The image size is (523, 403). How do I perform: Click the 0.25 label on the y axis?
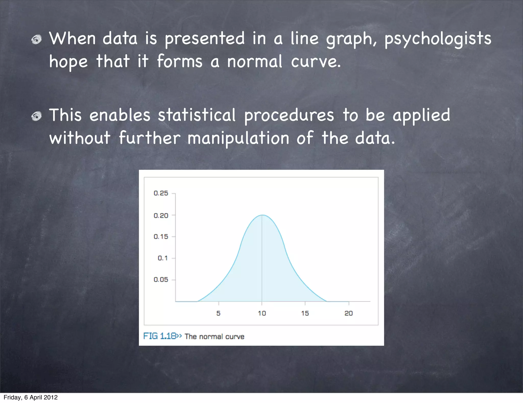pyautogui.click(x=161, y=193)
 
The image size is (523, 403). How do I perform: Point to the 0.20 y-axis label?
pyautogui.click(x=161, y=216)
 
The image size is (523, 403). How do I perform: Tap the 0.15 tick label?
pyautogui.click(x=161, y=237)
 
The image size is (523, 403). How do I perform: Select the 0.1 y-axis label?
pyautogui.click(x=163, y=258)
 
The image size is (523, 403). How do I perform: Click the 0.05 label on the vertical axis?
pyautogui.click(x=161, y=279)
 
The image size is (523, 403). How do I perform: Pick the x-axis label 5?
pyautogui.click(x=218, y=313)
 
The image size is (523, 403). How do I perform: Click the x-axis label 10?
pyautogui.click(x=262, y=313)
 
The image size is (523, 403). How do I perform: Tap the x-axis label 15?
pyautogui.click(x=305, y=313)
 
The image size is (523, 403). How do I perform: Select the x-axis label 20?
pyautogui.click(x=349, y=313)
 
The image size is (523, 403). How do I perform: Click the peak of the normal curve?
pyautogui.click(x=262, y=215)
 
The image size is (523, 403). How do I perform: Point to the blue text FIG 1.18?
pyautogui.click(x=160, y=336)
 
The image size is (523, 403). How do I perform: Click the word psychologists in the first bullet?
pyautogui.click(x=438, y=39)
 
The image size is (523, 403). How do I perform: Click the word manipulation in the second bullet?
pyautogui.click(x=238, y=138)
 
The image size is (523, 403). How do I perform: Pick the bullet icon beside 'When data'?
pyautogui.click(x=37, y=40)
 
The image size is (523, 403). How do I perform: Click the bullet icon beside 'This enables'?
pyautogui.click(x=37, y=116)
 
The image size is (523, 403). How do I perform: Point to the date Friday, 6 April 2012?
pyautogui.click(x=31, y=397)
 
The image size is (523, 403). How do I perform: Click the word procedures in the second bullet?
pyautogui.click(x=289, y=116)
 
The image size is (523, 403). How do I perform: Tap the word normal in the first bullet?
pyautogui.click(x=255, y=62)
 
